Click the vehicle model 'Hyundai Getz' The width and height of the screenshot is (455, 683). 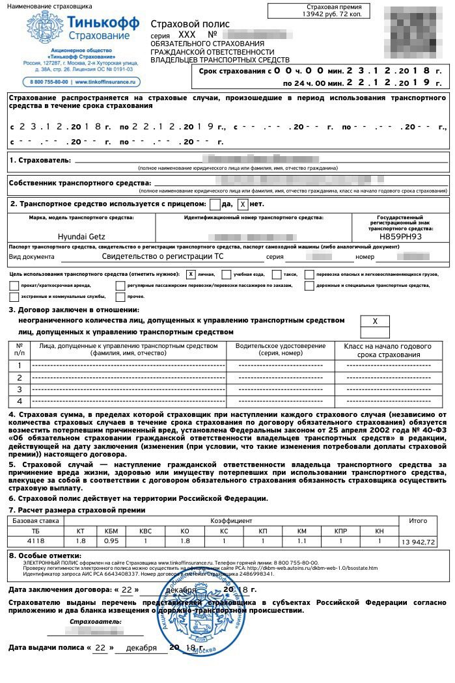[x=81, y=237]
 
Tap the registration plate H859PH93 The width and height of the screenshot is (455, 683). [x=400, y=237]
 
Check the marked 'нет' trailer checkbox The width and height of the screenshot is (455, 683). [x=243, y=204]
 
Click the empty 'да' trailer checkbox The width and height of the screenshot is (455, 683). [x=215, y=204]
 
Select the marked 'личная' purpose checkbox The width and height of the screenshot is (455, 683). [x=191, y=274]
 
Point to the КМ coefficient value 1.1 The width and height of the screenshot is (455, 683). [x=301, y=541]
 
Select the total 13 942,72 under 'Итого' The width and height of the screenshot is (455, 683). [x=419, y=541]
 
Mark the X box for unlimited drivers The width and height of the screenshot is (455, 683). [x=375, y=321]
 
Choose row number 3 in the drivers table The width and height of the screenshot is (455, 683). [x=20, y=389]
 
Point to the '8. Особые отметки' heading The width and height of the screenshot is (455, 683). [x=45, y=555]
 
